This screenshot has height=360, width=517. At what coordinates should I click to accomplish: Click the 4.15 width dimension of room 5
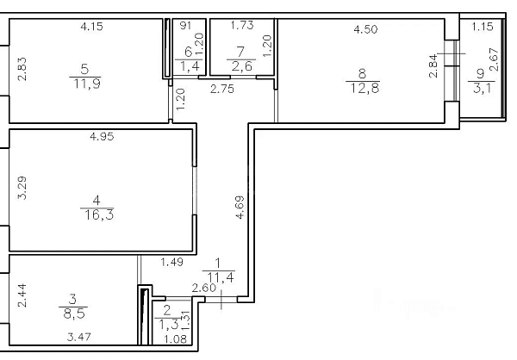coord(91,27)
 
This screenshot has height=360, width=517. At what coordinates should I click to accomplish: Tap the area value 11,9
coord(87,84)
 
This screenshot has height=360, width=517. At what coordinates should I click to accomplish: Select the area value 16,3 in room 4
coord(99,215)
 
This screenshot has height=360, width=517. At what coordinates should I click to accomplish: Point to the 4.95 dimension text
coord(102,136)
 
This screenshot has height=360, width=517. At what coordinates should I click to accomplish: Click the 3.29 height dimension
coord(22,188)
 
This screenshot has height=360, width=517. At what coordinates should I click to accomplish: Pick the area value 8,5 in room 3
coord(74,313)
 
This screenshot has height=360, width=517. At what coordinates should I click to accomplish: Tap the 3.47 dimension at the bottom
coord(78,337)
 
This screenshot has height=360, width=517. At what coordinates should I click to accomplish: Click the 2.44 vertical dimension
coord(22,295)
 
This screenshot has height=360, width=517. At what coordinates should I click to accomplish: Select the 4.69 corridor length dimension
coord(240,207)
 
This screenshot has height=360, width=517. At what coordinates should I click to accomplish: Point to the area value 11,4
coord(221,277)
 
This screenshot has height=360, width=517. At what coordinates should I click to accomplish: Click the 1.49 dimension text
coord(171,263)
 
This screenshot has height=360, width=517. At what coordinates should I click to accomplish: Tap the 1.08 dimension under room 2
coord(176,338)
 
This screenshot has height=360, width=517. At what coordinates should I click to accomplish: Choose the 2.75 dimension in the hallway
coord(222,89)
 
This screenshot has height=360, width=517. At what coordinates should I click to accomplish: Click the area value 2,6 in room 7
coord(241,66)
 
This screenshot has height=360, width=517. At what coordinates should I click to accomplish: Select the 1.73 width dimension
coord(242,25)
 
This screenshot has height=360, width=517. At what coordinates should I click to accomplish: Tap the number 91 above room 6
coord(185,25)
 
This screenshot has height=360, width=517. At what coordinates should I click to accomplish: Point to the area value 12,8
coord(364,88)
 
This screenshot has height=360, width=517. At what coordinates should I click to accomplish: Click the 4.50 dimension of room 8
coord(365,29)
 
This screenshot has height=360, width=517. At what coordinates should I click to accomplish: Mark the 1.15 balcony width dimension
coord(483,27)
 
